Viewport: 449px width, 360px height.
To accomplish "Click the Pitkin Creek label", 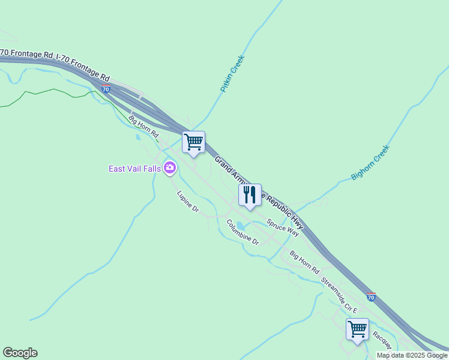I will click(x=232, y=74).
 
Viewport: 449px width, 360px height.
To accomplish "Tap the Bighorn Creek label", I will click(x=370, y=163).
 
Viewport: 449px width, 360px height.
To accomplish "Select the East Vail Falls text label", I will click(x=134, y=169).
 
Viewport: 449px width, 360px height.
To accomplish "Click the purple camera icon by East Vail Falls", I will click(x=170, y=168).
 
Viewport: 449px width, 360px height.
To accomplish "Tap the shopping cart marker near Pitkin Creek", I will click(x=193, y=143).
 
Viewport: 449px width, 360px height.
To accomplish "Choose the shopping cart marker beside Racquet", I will click(x=357, y=329).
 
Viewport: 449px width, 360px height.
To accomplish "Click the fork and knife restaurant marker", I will click(x=250, y=195).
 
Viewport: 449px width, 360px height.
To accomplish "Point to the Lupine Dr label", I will click(x=188, y=201).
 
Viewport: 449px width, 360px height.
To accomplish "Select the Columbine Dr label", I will click(x=243, y=232).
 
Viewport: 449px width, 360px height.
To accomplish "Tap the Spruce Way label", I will click(x=283, y=226).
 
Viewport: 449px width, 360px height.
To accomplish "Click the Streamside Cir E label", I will click(x=339, y=295).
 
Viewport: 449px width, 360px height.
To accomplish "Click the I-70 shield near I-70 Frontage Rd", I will click(x=106, y=89).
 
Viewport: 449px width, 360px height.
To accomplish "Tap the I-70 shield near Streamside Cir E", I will click(x=371, y=297).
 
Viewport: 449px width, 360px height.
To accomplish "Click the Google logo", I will click(x=20, y=353).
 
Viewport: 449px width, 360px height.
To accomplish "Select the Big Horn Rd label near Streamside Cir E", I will click(x=304, y=262).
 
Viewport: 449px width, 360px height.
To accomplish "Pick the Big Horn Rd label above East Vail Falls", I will click(x=143, y=125).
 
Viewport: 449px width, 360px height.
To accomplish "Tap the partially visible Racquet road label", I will click(x=382, y=340).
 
